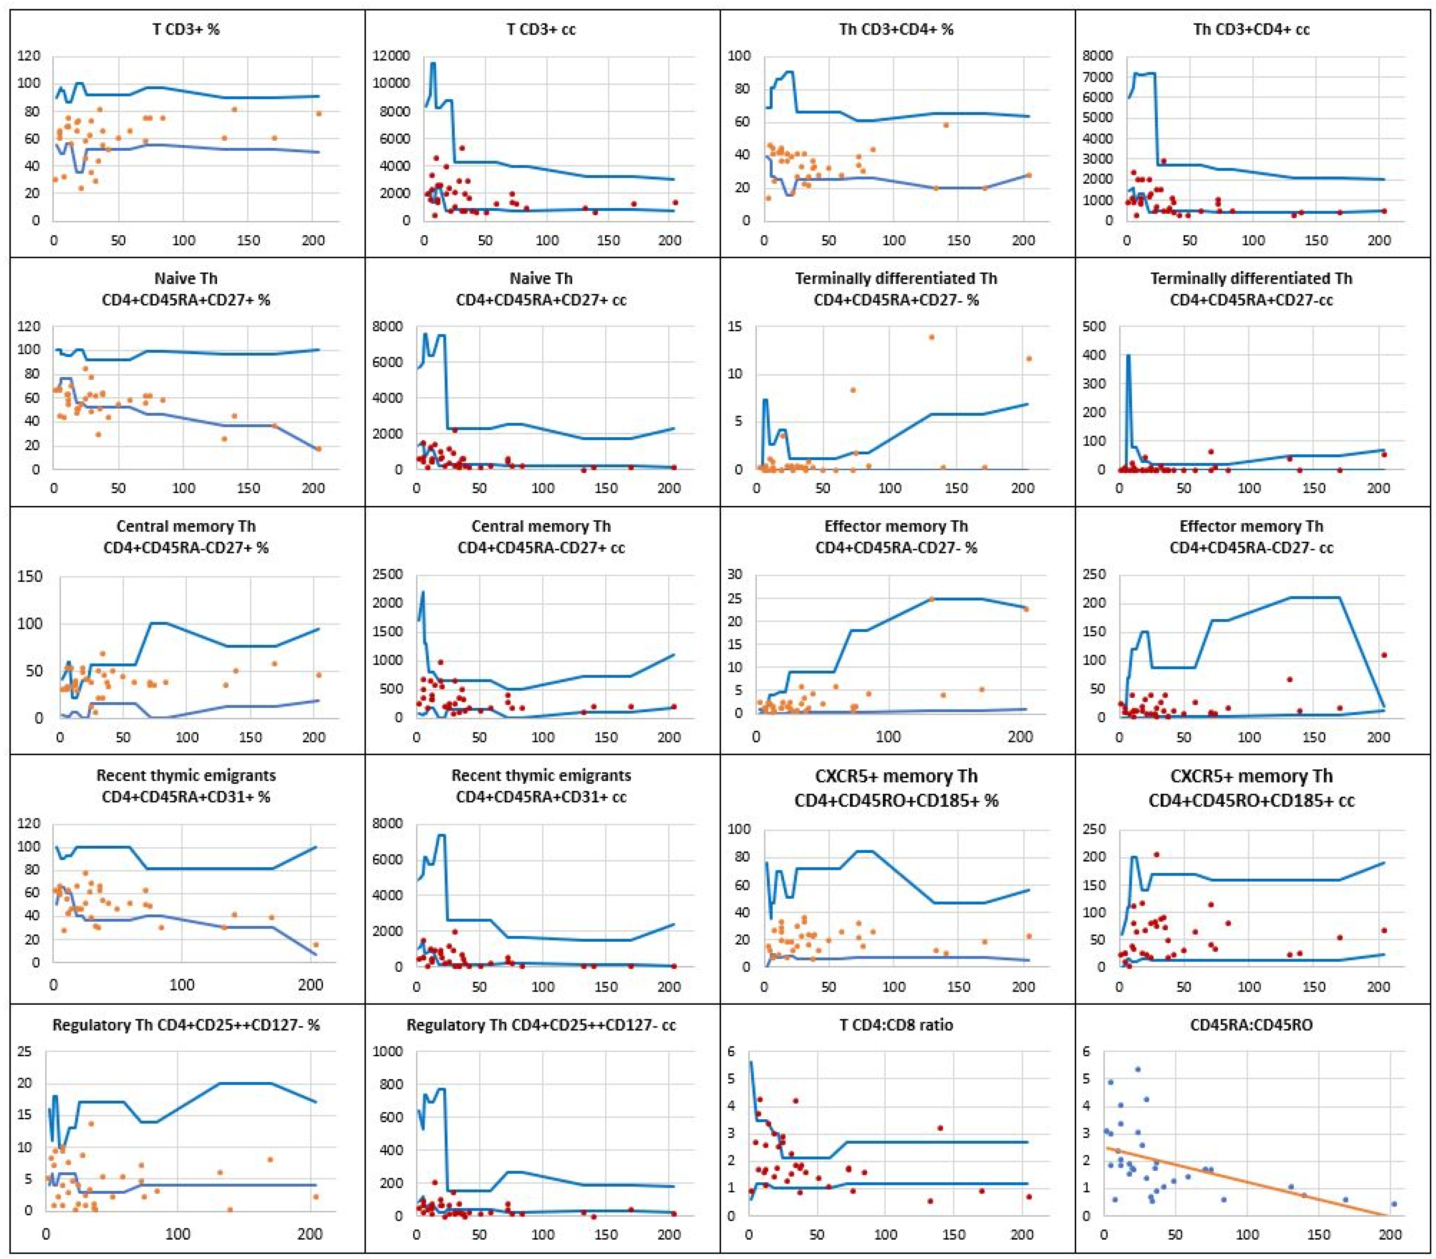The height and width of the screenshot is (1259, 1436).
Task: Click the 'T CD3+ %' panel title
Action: (186, 30)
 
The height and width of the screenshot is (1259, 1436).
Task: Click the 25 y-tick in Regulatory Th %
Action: (25, 1052)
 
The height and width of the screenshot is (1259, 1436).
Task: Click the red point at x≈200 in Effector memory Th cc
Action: (1383, 655)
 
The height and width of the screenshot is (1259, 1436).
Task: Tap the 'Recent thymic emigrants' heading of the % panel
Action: (186, 776)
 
